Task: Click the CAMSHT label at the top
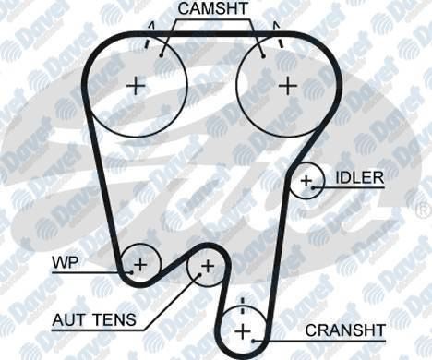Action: click(212, 8)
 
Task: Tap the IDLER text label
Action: click(360, 177)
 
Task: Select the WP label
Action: click(66, 263)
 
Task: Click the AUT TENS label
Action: click(94, 319)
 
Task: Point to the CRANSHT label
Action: click(345, 330)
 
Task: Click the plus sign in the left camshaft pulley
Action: click(136, 86)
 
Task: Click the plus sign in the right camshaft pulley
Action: click(288, 86)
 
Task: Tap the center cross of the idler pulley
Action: click(306, 181)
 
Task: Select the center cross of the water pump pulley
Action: click(140, 265)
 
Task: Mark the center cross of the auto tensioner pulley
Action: click(208, 266)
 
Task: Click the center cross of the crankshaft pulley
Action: click(243, 331)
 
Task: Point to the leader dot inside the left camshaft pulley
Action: click(161, 55)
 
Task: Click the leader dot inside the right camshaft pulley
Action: click(263, 56)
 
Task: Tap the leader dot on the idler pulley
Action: click(313, 187)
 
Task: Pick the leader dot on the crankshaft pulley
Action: click(254, 341)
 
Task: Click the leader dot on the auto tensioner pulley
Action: click(199, 274)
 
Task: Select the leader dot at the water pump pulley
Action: click(131, 272)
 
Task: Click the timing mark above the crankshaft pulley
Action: click(243, 306)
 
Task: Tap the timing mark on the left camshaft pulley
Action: click(148, 43)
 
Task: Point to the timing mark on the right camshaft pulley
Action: click(280, 42)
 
